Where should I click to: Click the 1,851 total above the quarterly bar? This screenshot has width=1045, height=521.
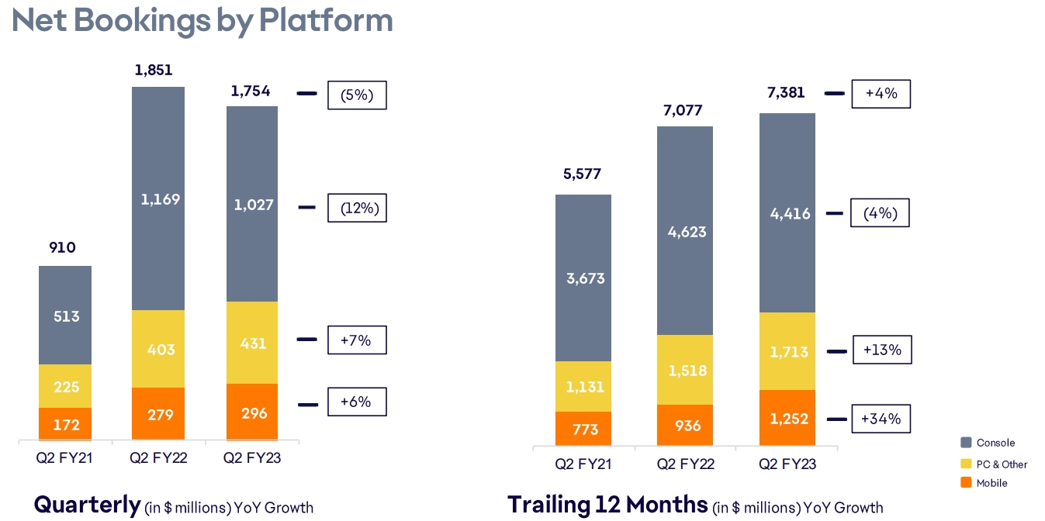(x=154, y=70)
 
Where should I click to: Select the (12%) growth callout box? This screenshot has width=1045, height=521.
(x=357, y=208)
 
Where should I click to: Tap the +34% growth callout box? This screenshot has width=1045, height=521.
(x=881, y=419)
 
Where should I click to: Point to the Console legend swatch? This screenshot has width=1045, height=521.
(x=966, y=443)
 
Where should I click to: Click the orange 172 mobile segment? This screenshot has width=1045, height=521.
(x=66, y=424)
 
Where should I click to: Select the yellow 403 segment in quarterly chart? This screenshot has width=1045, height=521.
(x=158, y=349)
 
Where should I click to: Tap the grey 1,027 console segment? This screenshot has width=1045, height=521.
(x=252, y=205)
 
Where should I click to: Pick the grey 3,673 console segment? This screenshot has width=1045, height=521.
(x=583, y=278)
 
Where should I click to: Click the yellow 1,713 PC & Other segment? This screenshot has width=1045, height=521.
(x=787, y=351)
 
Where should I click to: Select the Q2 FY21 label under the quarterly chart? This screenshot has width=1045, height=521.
(x=64, y=458)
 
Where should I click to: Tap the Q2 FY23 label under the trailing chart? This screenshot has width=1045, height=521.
(x=787, y=464)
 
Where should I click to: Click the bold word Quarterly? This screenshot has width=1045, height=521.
(x=87, y=505)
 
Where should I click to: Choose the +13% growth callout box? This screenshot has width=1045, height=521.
(x=882, y=350)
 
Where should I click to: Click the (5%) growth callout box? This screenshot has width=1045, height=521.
(x=357, y=95)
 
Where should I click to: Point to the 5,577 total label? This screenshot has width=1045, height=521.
(x=583, y=174)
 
